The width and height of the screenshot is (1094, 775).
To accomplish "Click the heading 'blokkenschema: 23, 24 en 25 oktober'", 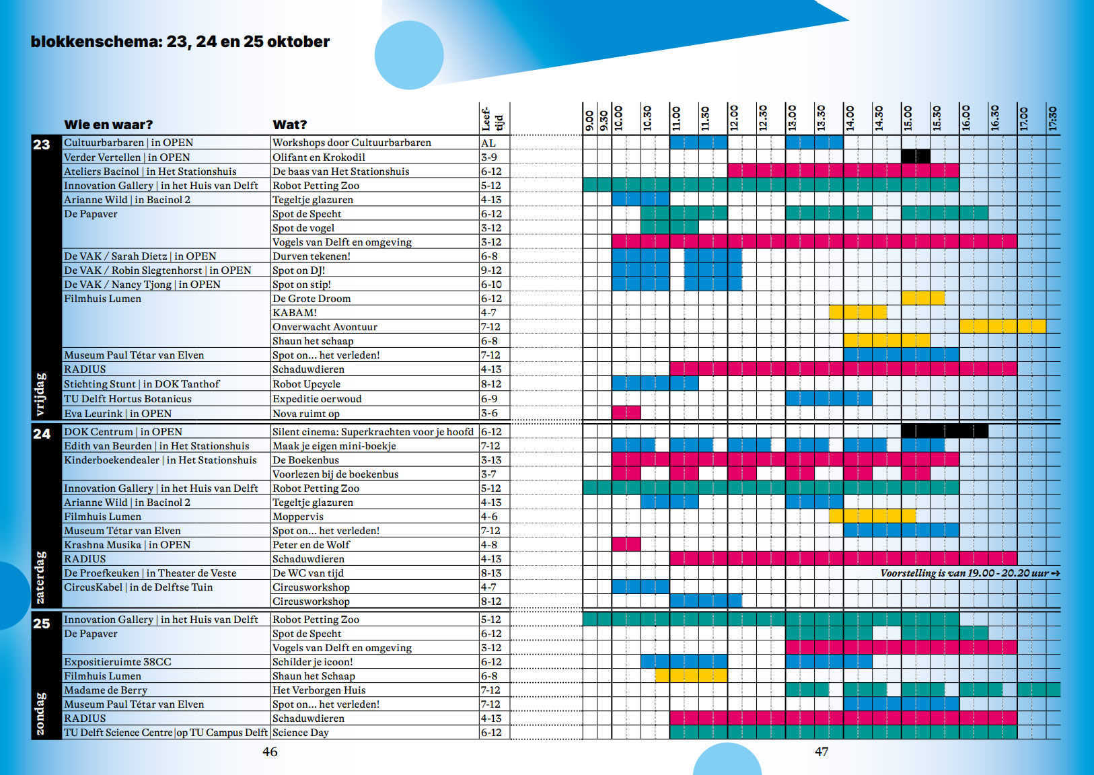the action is [x=180, y=42].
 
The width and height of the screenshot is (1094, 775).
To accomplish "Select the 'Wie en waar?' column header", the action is [x=108, y=124].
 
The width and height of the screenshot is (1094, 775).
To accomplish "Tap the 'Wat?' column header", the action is [x=289, y=124].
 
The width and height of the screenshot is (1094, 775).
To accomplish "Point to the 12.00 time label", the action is [x=734, y=118].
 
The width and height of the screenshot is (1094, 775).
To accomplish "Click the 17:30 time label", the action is [x=1053, y=118].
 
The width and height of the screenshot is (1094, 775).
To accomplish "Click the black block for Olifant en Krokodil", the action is [x=916, y=156].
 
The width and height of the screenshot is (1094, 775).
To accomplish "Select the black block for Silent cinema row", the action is [x=945, y=431].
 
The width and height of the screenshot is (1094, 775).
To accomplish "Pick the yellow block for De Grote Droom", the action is [x=923, y=298].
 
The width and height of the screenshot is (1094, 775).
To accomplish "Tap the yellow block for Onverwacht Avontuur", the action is [x=1002, y=326].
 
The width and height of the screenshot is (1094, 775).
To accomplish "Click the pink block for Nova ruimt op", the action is [x=626, y=412].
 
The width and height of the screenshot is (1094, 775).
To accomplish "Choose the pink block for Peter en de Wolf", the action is [x=626, y=544].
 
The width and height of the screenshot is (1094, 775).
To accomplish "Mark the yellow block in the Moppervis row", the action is [x=872, y=516].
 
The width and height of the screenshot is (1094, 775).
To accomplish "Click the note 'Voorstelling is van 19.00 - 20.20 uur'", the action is [x=970, y=573].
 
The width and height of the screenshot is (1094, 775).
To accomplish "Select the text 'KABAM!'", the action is [x=295, y=313].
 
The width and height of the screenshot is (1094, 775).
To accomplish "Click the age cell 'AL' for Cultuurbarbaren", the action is [x=488, y=143].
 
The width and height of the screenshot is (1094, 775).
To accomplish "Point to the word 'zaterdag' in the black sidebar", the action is [x=40, y=577].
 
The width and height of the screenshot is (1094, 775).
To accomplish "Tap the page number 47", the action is [x=822, y=752].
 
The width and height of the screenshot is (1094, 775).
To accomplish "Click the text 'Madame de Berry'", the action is [x=106, y=690].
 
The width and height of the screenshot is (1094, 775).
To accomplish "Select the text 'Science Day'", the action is [x=300, y=733].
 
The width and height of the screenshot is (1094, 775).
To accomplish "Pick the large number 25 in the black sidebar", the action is [x=42, y=624].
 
